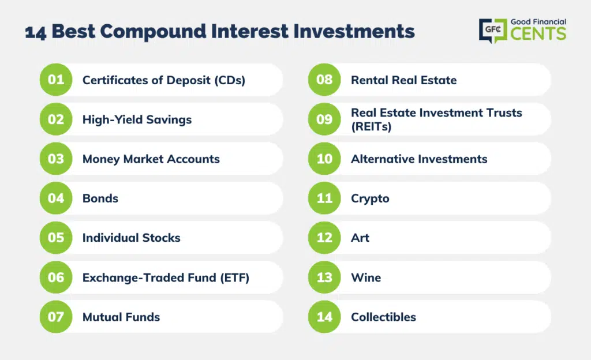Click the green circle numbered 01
tap(56, 80)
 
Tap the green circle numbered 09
tap(324, 119)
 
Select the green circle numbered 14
tap(324, 317)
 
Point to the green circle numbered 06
tap(56, 277)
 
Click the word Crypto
tap(370, 199)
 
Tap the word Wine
tap(366, 277)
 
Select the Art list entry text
tap(360, 238)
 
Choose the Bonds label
tap(100, 198)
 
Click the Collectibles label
tap(384, 317)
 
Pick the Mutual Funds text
tap(121, 317)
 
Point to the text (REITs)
tap(371, 126)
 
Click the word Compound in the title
tap(154, 32)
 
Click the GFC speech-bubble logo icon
tap(493, 30)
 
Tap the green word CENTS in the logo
tap(538, 33)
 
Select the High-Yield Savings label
tap(137, 120)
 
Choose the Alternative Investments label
tap(419, 159)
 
